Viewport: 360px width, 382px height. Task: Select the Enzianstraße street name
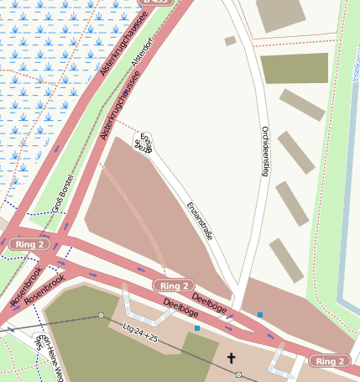point(199,222)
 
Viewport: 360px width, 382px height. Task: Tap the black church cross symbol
point(232,358)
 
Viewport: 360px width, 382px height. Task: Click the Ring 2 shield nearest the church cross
point(330,361)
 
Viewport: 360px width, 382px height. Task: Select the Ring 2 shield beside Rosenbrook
point(30,244)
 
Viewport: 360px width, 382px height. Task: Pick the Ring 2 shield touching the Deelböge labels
point(175,286)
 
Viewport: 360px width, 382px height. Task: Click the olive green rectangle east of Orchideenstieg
point(294,68)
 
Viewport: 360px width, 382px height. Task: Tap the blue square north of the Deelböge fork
point(260,315)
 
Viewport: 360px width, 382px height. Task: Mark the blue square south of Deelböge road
point(197,328)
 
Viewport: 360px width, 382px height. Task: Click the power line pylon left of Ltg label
point(101,316)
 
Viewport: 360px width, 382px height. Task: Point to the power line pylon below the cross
point(238,374)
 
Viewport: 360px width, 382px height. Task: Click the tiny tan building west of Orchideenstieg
point(230,40)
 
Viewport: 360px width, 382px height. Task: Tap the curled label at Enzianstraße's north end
point(143,144)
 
